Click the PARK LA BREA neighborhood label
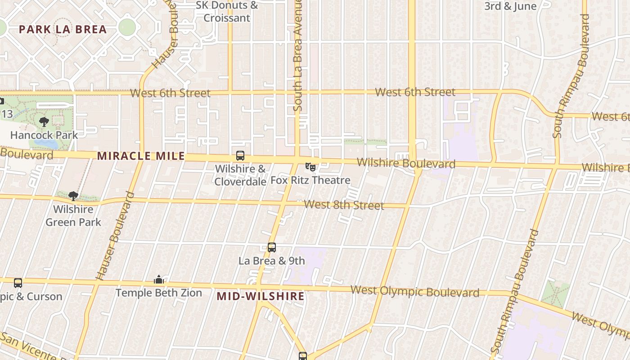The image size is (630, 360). pos(63,30)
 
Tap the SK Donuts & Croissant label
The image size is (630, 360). pos(227,12)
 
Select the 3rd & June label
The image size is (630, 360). pos(510,6)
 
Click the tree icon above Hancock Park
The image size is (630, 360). pos(44,121)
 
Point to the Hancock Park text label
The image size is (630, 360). pos(44,135)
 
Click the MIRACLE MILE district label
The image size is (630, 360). pos(141,156)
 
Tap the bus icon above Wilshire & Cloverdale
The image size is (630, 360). pos(240,156)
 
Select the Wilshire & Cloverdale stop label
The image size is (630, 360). pos(240,175)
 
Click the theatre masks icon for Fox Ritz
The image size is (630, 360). pos(310,167)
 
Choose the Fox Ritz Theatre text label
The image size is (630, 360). pos(310,180)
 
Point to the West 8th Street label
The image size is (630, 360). pos(344,205)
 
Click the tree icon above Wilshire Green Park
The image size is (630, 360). pos(73,196)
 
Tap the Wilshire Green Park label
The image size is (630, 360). pos(73,216)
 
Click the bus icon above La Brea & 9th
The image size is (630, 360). pos(272,247)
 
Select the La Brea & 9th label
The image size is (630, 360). pos(272,261)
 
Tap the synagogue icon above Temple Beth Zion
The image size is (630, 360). pos(158,280)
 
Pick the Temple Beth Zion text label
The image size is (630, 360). pos(158,293)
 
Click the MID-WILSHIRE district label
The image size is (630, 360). pos(261,296)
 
